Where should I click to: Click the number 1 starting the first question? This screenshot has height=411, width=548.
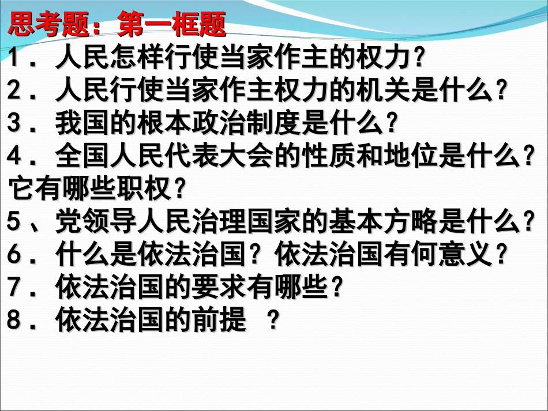16,58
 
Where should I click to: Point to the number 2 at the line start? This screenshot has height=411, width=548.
16,90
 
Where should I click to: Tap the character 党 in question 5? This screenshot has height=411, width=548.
66,221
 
